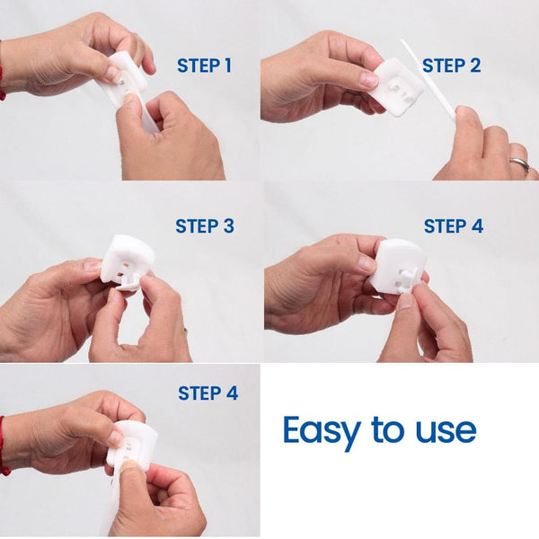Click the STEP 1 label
(x=204, y=66)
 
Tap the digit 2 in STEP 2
(x=474, y=66)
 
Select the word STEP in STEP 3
(x=196, y=226)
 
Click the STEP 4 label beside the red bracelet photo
(x=208, y=393)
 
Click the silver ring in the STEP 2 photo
(x=519, y=163)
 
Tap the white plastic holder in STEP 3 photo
(x=127, y=257)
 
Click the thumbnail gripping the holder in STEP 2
(x=368, y=79)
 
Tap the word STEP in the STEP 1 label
(x=196, y=66)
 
